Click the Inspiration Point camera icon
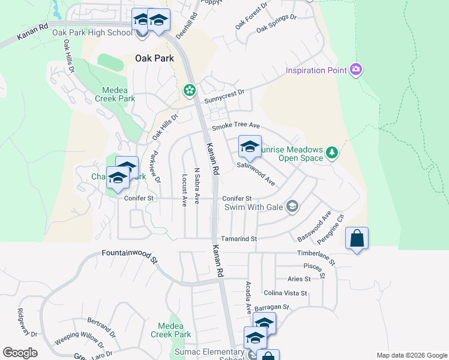(x=356, y=70)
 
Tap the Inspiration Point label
(x=316, y=70)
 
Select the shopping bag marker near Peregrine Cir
(x=357, y=238)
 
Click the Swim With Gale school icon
(x=292, y=207)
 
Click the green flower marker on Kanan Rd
(x=190, y=90)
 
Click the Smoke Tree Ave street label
(x=235, y=126)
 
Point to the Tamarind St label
(x=238, y=239)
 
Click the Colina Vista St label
(x=285, y=293)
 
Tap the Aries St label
(x=299, y=279)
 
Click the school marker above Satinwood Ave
(x=250, y=146)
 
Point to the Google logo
(x=20, y=353)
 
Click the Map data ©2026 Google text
(x=411, y=355)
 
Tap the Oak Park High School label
(x=92, y=32)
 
